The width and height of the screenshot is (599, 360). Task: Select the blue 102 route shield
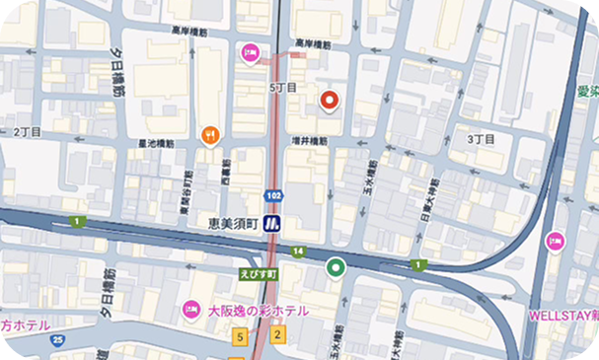[273, 196]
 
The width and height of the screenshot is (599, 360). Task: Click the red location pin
[331, 100]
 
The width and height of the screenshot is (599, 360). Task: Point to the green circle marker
[337, 267]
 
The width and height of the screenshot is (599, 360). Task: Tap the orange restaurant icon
[209, 135]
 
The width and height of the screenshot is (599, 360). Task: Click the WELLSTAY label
[563, 315]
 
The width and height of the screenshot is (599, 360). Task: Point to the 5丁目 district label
[283, 88]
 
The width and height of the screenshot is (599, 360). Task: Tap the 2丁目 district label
[27, 131]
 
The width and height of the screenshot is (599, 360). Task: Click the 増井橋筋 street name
[310, 142]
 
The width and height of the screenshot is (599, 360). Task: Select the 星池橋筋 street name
[156, 141]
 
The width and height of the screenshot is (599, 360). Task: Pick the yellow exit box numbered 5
[239, 337]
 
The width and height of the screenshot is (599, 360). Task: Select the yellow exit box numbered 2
[277, 335]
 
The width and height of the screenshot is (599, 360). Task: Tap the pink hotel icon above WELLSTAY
[556, 240]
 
